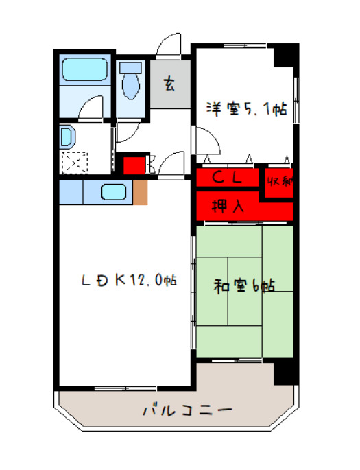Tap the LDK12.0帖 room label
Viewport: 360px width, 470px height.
click(x=129, y=281)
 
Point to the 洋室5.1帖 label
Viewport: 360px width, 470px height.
click(x=244, y=108)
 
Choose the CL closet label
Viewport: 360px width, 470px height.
click(x=227, y=178)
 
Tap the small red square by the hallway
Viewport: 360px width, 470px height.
click(x=134, y=165)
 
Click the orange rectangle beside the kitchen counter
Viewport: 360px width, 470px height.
click(x=140, y=193)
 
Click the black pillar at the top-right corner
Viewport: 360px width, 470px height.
click(x=286, y=55)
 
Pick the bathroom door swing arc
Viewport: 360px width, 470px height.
click(x=91, y=108)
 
